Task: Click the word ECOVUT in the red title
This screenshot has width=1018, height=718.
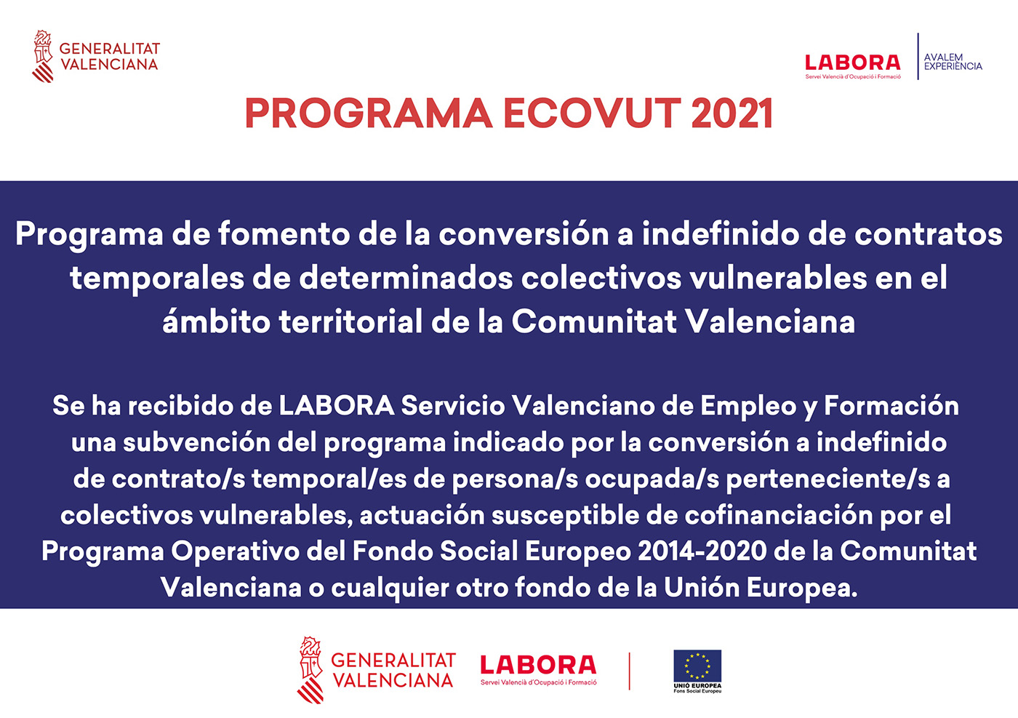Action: [590, 114]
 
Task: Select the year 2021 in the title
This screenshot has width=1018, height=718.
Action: [732, 114]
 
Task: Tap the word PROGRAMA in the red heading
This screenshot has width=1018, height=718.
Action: [369, 114]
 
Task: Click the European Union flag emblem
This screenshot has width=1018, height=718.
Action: [697, 665]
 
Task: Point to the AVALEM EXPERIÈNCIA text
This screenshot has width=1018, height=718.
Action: [953, 62]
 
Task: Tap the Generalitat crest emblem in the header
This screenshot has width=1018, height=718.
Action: [43, 56]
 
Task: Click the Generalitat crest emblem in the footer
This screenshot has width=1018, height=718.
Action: [310, 670]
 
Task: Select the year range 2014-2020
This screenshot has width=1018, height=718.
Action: [702, 551]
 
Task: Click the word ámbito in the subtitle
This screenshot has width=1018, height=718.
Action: [215, 322]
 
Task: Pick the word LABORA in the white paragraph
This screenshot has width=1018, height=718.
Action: [336, 406]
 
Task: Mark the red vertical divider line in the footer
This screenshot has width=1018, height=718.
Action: [629, 671]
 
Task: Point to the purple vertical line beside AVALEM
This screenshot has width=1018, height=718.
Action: [918, 56]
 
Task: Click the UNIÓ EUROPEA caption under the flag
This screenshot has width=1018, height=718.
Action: [697, 685]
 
